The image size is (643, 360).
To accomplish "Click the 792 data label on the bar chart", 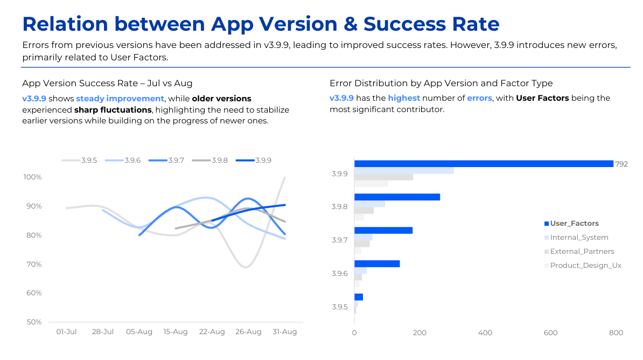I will (x=621, y=164).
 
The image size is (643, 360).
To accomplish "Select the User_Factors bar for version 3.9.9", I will (x=484, y=164).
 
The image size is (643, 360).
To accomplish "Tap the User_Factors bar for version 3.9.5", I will (x=359, y=297).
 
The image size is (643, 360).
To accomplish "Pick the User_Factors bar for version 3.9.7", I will (x=383, y=230).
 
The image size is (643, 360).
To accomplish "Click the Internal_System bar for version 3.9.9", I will (x=404, y=170).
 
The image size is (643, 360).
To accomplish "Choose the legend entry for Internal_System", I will (x=579, y=237).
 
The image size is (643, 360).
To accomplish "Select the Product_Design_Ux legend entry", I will (x=585, y=265).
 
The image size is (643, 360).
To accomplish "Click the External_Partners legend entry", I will (x=582, y=251).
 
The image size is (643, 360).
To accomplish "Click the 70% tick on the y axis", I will (x=33, y=264).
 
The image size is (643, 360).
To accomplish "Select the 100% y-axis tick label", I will (x=32, y=177).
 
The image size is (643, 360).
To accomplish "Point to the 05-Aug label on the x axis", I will (x=139, y=332).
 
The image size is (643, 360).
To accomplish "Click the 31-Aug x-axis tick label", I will (x=284, y=332).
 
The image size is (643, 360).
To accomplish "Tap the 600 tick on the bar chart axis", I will (x=550, y=333).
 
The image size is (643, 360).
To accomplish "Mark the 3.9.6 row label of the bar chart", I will (x=339, y=273).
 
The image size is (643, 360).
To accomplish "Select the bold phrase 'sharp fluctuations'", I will (x=113, y=109).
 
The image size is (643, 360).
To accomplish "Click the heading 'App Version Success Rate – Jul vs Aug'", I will (x=107, y=83).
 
